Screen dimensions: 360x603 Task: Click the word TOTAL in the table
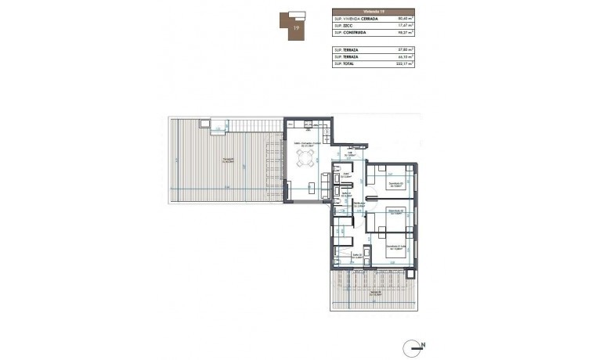[x=348, y=64]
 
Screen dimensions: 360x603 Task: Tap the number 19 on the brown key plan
[x=295, y=27]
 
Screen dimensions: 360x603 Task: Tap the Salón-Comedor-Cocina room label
[x=308, y=145]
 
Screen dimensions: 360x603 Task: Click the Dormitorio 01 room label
[x=396, y=185]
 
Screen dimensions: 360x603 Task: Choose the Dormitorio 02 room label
[x=396, y=212]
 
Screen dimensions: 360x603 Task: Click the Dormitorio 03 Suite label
[x=396, y=248]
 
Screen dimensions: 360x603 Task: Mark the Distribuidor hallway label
[x=360, y=205]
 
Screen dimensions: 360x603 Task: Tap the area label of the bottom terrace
[x=376, y=293]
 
